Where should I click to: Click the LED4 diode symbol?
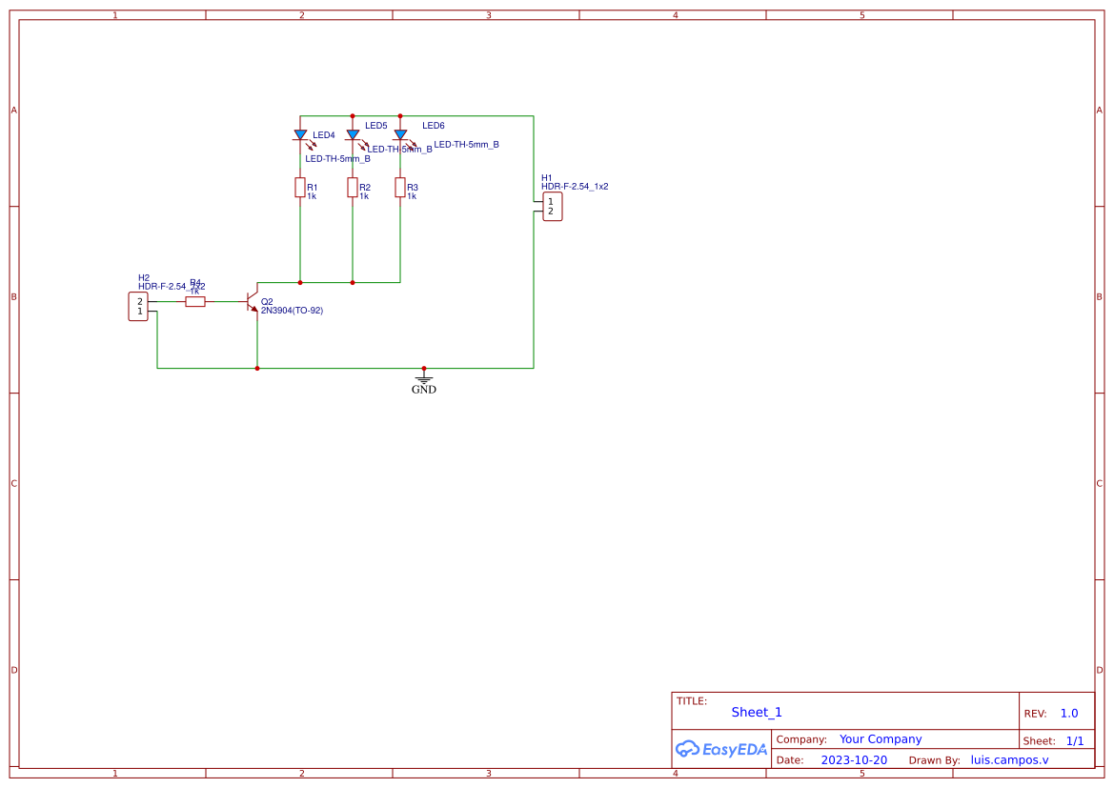pyautogui.click(x=300, y=135)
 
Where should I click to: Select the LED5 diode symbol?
pyautogui.click(x=353, y=135)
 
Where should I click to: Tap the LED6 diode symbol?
pyautogui.click(x=400, y=135)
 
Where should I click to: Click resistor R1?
pyautogui.click(x=300, y=188)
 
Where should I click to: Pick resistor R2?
pyautogui.click(x=353, y=188)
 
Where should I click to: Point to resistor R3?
pyautogui.click(x=400, y=188)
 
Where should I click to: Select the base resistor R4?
pyautogui.click(x=194, y=301)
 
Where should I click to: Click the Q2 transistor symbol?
pyautogui.click(x=252, y=301)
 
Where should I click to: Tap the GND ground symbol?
pyautogui.click(x=424, y=379)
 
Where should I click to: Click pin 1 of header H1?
pyautogui.click(x=550, y=201)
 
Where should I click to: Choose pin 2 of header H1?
pyautogui.click(x=550, y=212)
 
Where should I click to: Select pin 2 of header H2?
pyautogui.click(x=140, y=301)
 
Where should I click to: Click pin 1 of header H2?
pyautogui.click(x=140, y=312)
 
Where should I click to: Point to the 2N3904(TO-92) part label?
pyautogui.click(x=292, y=311)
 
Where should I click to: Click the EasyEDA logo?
pyautogui.click(x=721, y=749)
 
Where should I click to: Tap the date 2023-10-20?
pyautogui.click(x=854, y=760)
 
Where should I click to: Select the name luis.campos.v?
pyautogui.click(x=1009, y=760)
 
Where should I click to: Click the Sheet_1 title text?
pyautogui.click(x=757, y=712)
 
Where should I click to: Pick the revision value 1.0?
pyautogui.click(x=1069, y=713)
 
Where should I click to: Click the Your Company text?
pyautogui.click(x=881, y=739)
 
